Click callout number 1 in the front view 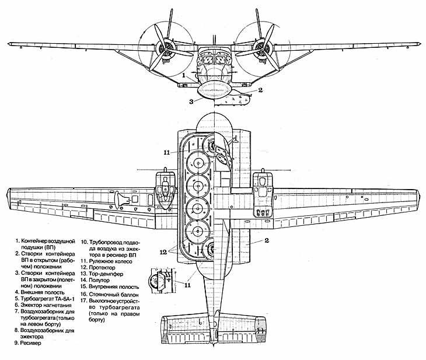[184, 75]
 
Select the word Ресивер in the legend [31, 343]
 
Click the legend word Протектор [102, 268]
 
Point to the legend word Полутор [99, 280]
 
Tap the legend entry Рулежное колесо [110, 261]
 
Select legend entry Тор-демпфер [106, 274]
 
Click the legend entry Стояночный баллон [114, 294]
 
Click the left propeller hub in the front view [164, 49]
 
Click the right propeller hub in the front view [261, 49]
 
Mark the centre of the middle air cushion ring [198, 186]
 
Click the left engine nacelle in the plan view [165, 190]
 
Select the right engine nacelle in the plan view [262, 194]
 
